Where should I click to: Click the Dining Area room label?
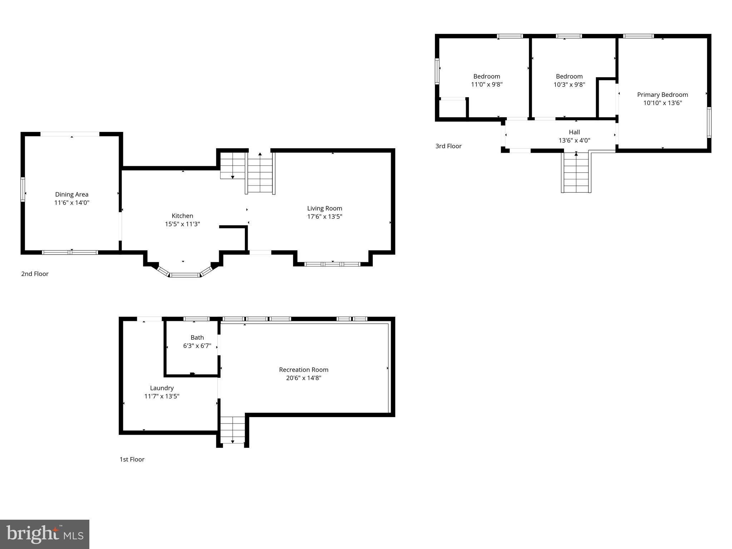(x=71, y=194)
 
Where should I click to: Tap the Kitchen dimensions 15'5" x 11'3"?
(x=182, y=224)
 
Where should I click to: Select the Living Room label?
(x=325, y=208)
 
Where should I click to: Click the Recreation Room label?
(x=303, y=370)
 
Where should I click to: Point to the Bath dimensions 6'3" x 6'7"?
(x=197, y=346)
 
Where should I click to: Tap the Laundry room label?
(x=162, y=388)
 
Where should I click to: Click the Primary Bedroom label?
(x=662, y=95)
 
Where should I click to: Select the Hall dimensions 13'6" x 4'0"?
(x=574, y=140)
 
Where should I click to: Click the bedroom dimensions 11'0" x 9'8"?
(x=486, y=85)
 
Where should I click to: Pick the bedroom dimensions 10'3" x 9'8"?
(x=569, y=85)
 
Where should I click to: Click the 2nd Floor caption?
(x=35, y=274)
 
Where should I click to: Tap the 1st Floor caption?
(x=132, y=459)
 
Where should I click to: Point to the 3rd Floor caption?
(x=448, y=146)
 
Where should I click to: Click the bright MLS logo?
(x=45, y=534)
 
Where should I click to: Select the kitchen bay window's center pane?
(x=184, y=275)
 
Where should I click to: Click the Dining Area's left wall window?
(x=23, y=189)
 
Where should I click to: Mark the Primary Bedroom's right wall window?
(x=709, y=122)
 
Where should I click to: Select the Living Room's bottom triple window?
(x=332, y=264)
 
